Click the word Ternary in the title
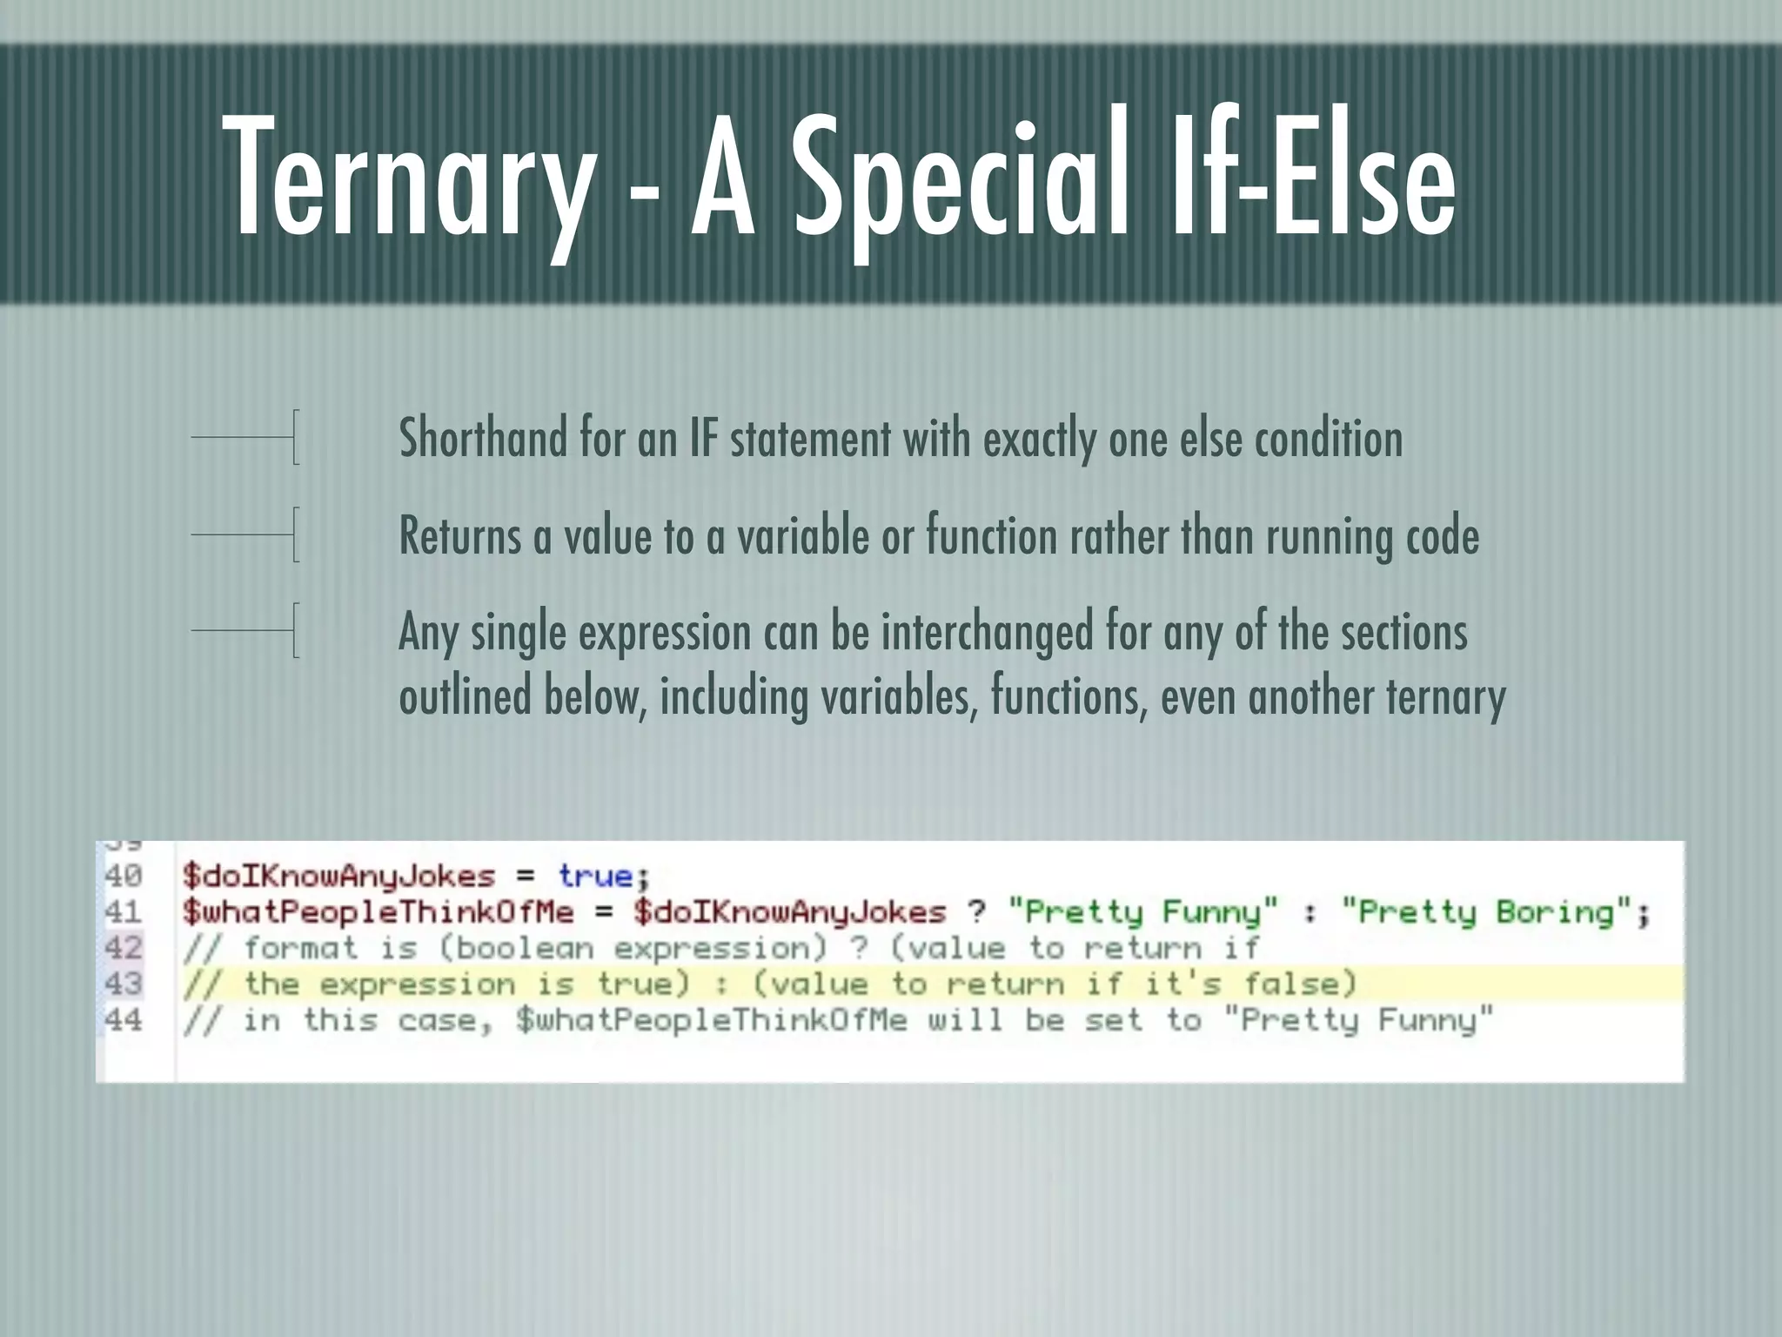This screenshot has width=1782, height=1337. click(x=409, y=178)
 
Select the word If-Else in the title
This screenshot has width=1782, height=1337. click(x=1314, y=178)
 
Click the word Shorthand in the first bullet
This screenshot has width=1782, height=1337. click(x=483, y=438)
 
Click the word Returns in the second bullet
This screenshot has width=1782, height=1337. click(x=459, y=535)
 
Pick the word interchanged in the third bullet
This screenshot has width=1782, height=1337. click(x=987, y=632)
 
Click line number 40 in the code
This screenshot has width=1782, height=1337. click(x=124, y=875)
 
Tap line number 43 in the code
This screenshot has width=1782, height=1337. click(x=124, y=984)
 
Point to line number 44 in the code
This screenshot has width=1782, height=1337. click(x=124, y=1019)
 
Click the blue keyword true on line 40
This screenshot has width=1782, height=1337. click(x=596, y=875)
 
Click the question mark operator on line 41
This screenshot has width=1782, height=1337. click(x=977, y=912)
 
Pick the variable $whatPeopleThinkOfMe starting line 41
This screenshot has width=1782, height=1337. click(x=379, y=912)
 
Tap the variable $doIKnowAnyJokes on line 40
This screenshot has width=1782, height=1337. click(x=338, y=876)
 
